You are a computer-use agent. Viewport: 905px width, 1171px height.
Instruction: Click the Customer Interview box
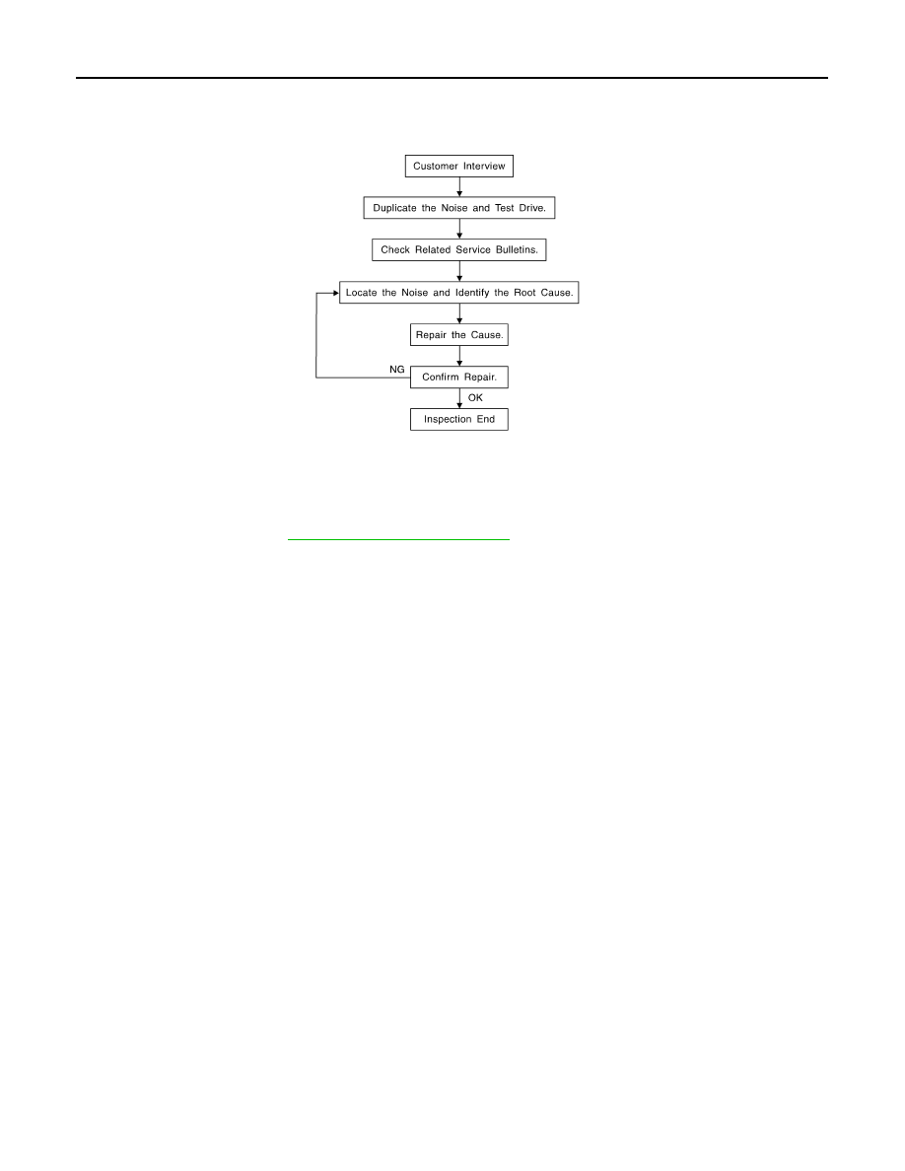pos(459,166)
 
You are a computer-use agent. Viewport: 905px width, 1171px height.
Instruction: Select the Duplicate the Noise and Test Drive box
pos(459,208)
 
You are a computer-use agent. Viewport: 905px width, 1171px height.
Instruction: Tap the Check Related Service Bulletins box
pos(459,249)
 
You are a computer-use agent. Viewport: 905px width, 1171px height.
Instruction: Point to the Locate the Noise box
pos(459,292)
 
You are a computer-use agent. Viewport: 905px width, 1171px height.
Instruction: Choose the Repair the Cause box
pos(459,334)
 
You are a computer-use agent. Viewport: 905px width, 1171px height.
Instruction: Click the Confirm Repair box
pos(459,378)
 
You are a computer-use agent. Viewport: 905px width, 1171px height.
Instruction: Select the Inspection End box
pos(459,419)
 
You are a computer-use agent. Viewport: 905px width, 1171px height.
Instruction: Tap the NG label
pos(397,370)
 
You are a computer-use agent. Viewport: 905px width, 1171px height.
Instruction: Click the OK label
pos(475,398)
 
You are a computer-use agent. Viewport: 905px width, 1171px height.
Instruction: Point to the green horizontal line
pos(398,538)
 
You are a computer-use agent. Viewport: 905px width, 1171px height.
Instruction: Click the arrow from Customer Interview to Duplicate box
pos(459,186)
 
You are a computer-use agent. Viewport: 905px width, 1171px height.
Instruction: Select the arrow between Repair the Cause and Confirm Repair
pos(459,356)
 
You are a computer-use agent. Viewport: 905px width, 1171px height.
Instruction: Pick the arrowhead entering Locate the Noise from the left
pos(336,293)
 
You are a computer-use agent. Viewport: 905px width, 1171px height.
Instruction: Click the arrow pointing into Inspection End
pos(459,398)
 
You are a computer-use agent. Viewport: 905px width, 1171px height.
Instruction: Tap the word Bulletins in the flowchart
pos(517,249)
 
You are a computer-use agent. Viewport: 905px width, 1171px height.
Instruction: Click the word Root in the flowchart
pos(524,292)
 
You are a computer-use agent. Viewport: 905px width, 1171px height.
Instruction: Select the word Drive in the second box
pos(532,208)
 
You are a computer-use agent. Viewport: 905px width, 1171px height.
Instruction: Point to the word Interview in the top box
pos(484,166)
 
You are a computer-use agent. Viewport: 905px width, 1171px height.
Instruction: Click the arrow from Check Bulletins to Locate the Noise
pos(459,271)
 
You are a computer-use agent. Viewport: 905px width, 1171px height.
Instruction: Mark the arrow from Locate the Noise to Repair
pos(459,313)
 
